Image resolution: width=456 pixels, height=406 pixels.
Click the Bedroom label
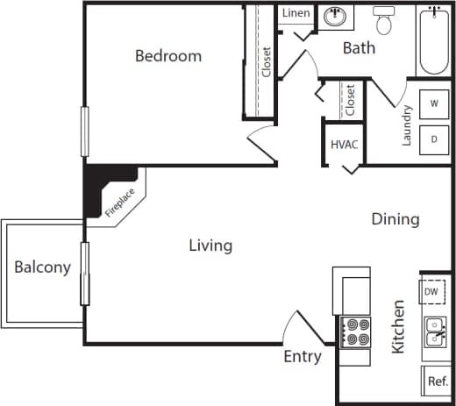point(168,56)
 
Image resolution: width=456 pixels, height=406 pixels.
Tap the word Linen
point(296,14)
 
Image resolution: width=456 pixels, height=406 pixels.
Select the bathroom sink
point(334,16)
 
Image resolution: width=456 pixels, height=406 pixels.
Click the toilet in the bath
point(384,18)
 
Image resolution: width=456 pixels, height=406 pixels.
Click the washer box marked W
point(433,103)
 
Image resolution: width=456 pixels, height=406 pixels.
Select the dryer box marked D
point(433,139)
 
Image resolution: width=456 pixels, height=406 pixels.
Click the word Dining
point(395,219)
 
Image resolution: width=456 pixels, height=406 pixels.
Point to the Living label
point(210,246)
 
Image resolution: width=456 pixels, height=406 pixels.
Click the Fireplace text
point(120,201)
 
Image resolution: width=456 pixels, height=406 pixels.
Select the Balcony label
point(42,267)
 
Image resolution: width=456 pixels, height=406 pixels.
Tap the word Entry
point(302,357)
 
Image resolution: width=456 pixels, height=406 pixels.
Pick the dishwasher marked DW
point(431,291)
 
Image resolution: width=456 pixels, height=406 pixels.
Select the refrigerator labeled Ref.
point(436,381)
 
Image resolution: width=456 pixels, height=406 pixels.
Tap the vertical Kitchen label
point(398,326)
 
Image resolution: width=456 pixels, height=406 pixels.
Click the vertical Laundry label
point(407,125)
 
